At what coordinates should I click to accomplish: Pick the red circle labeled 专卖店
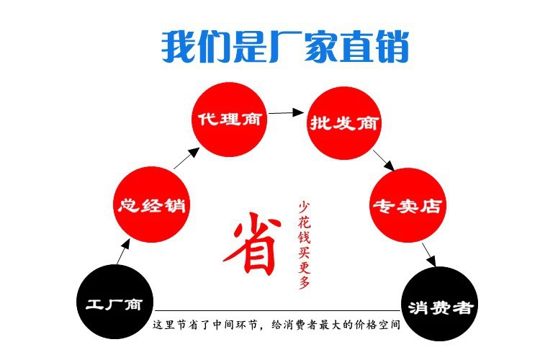(x=405, y=205)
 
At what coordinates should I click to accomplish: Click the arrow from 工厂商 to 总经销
(x=123, y=252)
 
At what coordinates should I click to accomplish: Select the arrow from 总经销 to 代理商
(x=186, y=160)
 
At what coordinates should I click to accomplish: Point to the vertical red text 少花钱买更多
(x=305, y=245)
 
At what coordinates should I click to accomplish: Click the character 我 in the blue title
(x=178, y=46)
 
